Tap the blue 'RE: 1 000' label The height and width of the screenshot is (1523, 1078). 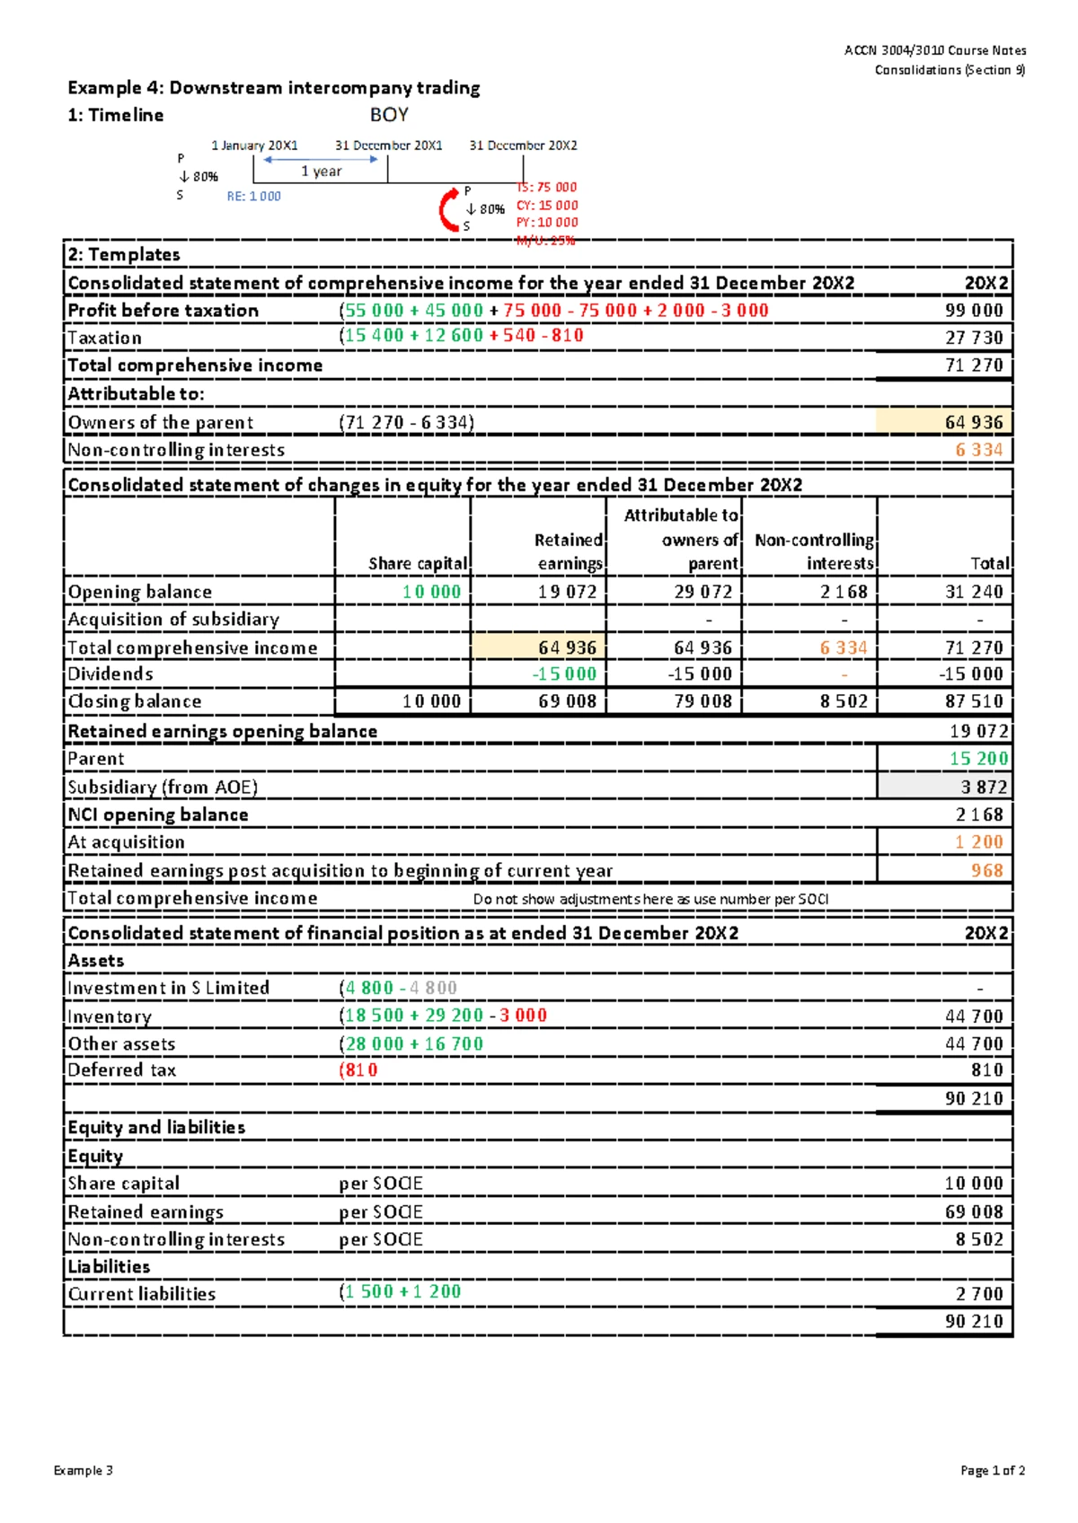[253, 197]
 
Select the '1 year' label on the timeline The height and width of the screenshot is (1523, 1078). [321, 171]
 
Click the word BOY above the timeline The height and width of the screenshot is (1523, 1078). [389, 115]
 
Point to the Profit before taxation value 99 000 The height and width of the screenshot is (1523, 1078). [974, 311]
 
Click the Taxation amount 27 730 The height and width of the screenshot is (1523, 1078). [974, 338]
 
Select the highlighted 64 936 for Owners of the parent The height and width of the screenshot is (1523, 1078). [974, 422]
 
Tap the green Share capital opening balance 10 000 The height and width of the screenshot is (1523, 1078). [431, 592]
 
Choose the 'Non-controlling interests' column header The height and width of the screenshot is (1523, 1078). [814, 551]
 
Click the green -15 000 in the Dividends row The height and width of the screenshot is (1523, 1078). [564, 673]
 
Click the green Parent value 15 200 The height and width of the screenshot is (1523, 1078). [978, 759]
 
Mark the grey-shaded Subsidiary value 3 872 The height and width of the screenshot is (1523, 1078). [984, 787]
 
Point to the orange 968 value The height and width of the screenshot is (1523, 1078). [986, 870]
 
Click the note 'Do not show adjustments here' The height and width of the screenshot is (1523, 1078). [650, 899]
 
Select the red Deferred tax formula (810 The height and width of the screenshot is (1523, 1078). [358, 1070]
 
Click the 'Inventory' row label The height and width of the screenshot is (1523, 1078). [110, 1017]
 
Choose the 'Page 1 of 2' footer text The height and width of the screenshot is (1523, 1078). [992, 1470]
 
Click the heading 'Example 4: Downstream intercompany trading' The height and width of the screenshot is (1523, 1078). [274, 88]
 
